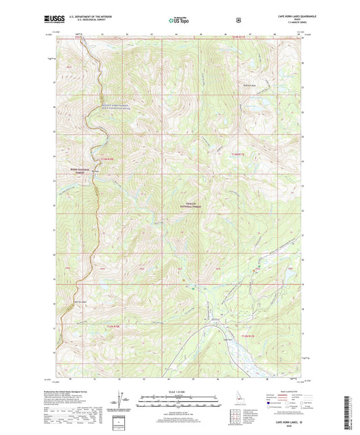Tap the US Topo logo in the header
pos(179,20)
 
